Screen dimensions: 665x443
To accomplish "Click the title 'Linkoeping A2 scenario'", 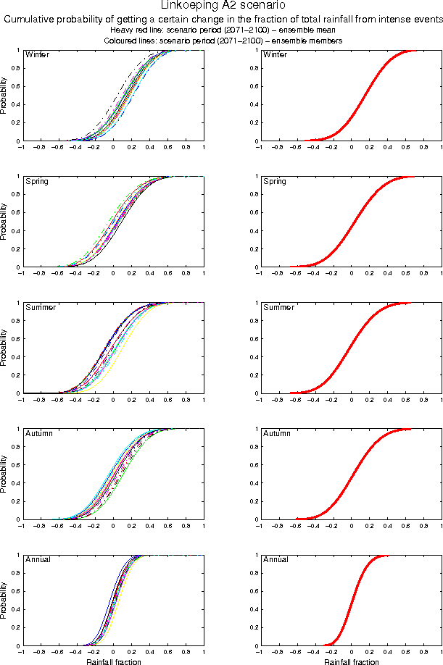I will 223,6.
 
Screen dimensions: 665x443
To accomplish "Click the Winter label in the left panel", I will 37,55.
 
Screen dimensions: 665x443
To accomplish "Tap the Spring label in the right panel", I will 275,181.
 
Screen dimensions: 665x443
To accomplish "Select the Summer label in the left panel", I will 41,308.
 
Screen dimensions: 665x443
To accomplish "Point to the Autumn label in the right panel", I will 276,434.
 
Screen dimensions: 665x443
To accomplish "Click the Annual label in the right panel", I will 276,560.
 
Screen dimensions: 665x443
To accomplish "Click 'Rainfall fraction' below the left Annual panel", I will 113,662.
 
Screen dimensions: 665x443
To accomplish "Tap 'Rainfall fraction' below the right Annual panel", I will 351,662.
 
